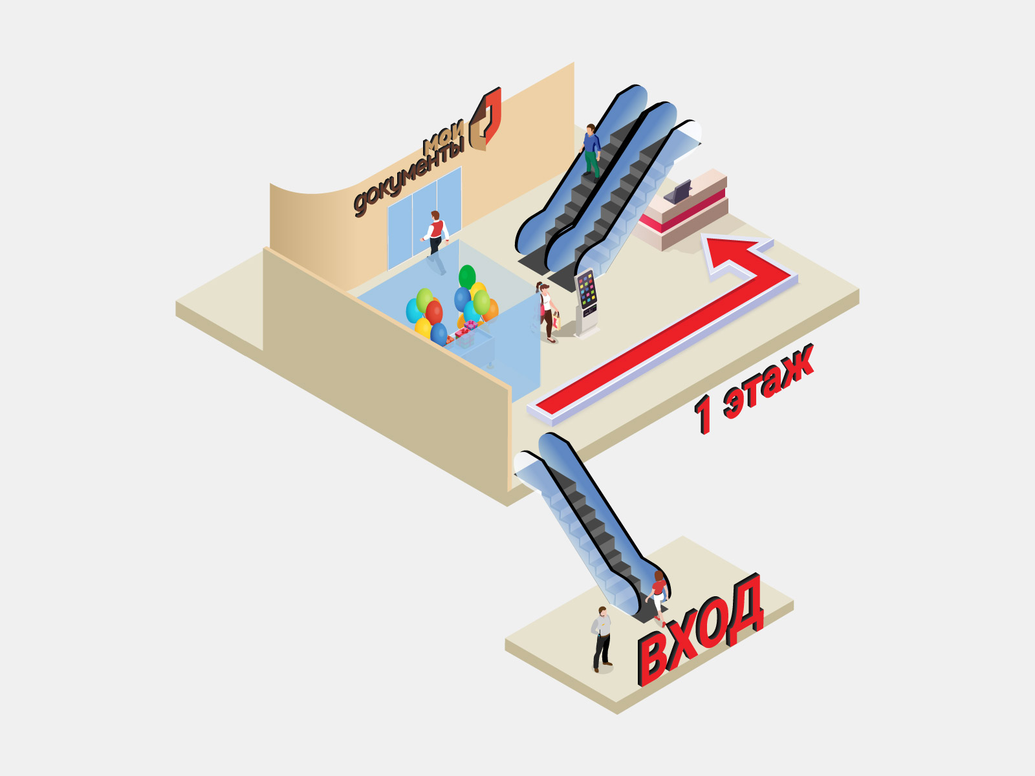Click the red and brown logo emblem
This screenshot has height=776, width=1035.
486,119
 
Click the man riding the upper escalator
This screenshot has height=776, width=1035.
591,151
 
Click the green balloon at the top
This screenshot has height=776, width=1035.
467,276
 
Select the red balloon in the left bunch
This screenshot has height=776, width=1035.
434,312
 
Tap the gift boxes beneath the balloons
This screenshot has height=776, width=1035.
464,334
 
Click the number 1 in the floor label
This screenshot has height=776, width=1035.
702,414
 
